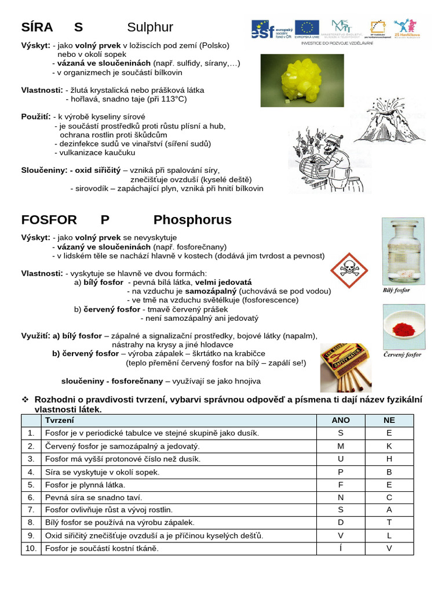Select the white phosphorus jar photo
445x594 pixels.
coord(403,251)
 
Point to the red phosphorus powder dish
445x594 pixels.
coord(403,327)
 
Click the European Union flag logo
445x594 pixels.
coord(307,28)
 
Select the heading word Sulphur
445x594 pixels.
coord(150,27)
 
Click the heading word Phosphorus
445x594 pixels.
coord(192,220)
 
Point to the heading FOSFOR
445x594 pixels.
coord(49,220)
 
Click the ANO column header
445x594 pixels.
coord(341,420)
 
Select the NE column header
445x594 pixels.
coord(389,420)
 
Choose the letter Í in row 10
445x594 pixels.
coord(341,548)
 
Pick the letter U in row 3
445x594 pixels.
coord(341,459)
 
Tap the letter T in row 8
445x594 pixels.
coord(389,523)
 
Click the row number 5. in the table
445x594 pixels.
coord(31,484)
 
